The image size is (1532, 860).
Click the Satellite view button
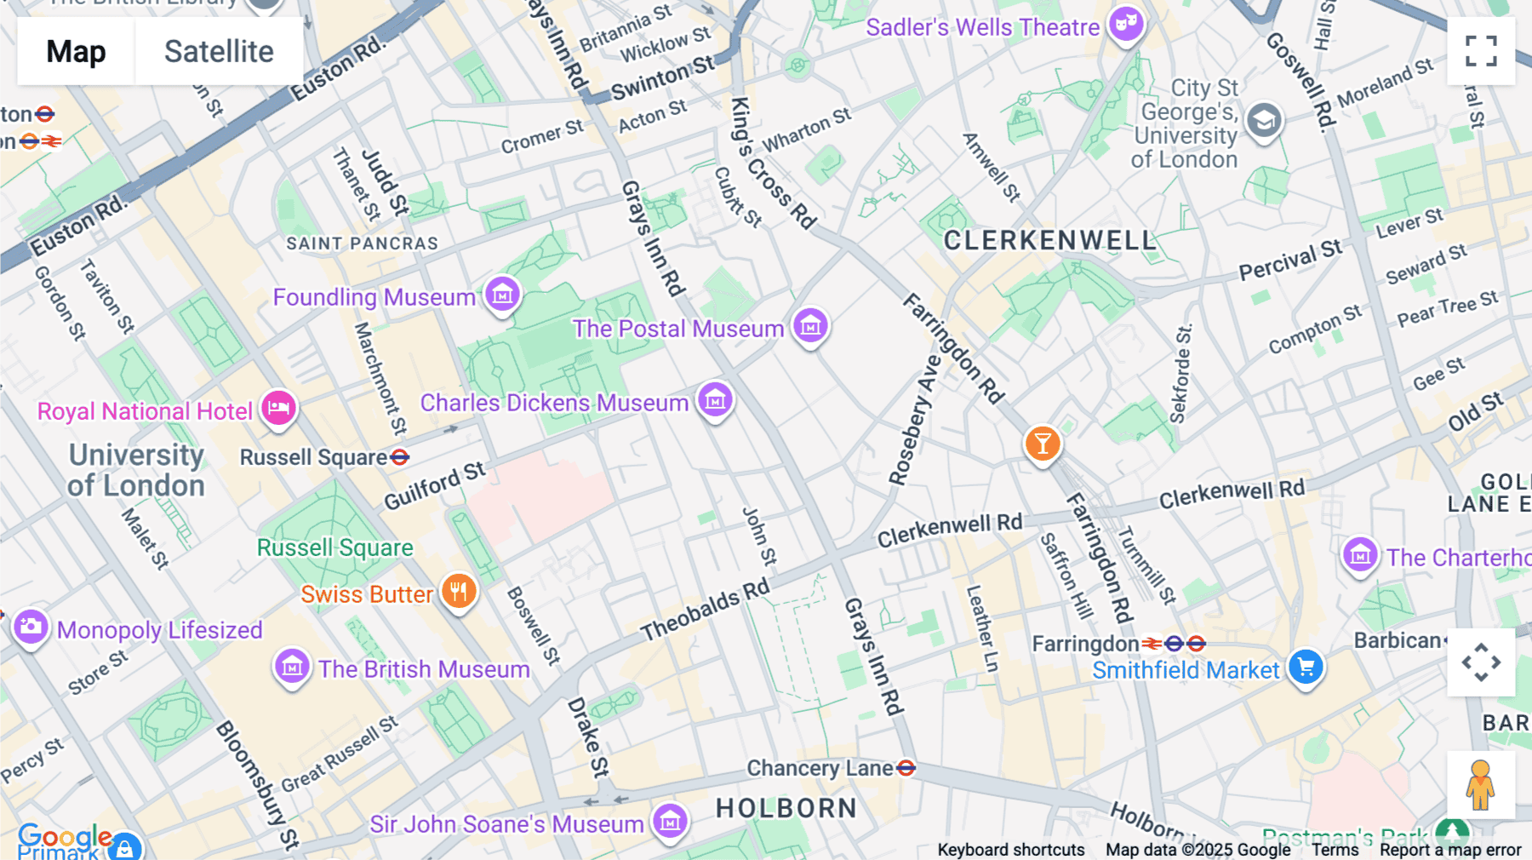219,51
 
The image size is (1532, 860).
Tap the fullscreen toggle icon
1481,51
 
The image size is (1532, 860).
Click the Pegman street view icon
1480,785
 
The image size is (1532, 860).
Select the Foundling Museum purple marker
502,295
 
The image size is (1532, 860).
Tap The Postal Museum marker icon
810,326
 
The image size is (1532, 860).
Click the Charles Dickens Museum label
554,403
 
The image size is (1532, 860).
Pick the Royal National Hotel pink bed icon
278,409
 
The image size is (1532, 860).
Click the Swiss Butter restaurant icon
459,591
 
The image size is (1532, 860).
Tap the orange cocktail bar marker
1042,444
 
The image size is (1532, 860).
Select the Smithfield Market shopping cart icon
1306,668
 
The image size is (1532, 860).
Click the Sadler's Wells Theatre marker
1126,25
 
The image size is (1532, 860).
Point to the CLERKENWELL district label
1050,241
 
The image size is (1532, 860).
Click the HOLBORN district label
786,808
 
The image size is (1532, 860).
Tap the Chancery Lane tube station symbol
906,768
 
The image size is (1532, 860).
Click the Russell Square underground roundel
399,457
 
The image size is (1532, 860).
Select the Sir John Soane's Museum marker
670,822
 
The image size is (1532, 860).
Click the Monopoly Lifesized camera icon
31,628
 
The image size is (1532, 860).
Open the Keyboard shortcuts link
1010,850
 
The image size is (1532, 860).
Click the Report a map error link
1450,850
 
